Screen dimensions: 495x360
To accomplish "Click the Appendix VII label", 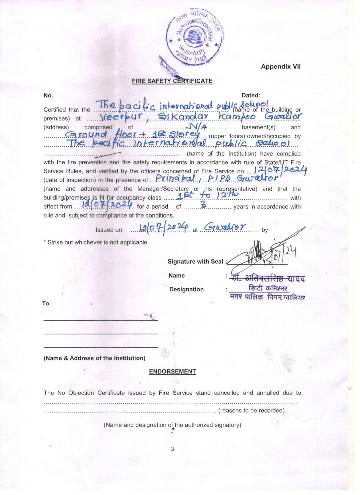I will point(280,67).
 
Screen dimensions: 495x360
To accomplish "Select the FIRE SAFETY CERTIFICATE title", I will point(172,81).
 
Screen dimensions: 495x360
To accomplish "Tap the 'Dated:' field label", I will point(251,95).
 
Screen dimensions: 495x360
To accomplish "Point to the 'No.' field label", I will point(48,95).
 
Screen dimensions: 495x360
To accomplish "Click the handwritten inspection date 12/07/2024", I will point(280,170).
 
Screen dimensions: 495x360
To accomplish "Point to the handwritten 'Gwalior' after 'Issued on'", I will point(225,227).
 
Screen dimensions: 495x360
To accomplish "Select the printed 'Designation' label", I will point(186,289).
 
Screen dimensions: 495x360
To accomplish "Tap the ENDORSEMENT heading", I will point(172,372).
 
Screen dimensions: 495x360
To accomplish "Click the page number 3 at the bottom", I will point(172,449).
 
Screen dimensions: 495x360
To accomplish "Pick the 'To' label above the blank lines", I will point(46,303).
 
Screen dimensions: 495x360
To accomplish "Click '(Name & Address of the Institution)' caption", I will point(94,358).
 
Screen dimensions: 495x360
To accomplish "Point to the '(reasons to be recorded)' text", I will point(252,411).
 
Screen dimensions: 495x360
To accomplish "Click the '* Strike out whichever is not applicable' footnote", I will point(96,242).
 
